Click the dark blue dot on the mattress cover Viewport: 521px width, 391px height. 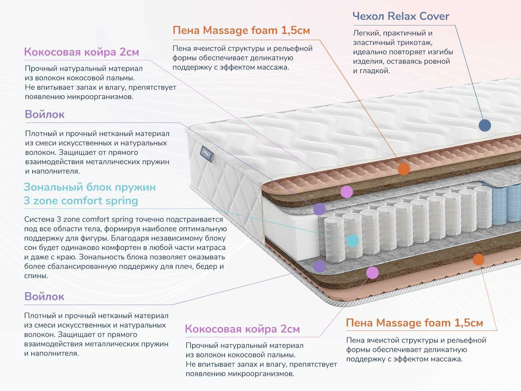coord(485,125)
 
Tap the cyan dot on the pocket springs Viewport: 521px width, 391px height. coord(352,240)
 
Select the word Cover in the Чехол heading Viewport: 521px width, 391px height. coord(434,16)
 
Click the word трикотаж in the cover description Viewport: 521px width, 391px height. coord(416,42)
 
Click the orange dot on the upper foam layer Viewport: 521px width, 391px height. coord(404,169)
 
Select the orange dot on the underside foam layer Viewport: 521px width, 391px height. coord(478,259)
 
